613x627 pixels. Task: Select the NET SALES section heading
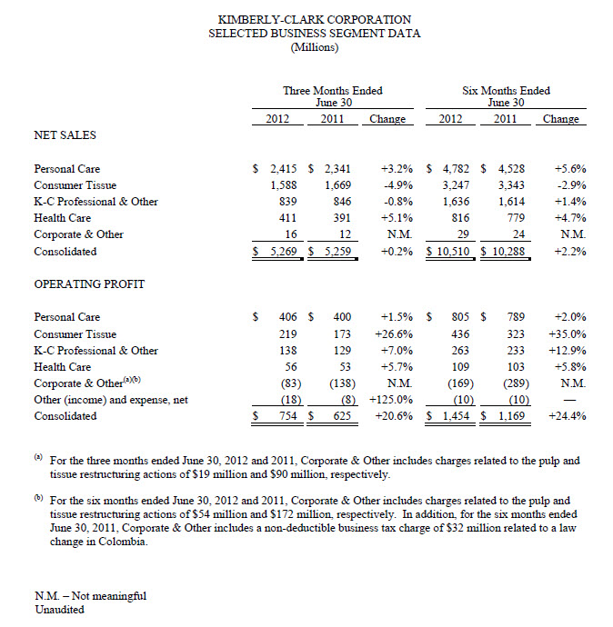tap(65, 134)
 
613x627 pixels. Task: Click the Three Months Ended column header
tap(333, 91)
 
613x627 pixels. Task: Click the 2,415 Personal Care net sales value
tap(278, 169)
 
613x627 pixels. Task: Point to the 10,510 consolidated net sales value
tap(452, 251)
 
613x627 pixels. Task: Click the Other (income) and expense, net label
tap(111, 400)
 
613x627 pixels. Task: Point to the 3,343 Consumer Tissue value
tap(507, 185)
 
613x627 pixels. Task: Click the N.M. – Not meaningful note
tap(89, 596)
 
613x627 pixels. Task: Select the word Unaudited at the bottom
tap(59, 610)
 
